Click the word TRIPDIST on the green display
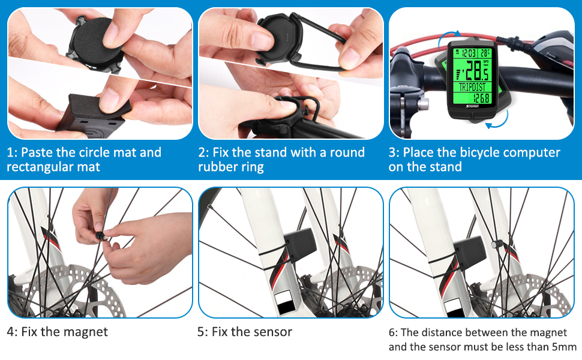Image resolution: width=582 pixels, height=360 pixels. click(472, 87)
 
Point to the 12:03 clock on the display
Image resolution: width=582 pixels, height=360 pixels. click(469, 53)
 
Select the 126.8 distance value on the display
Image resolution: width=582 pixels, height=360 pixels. click(481, 98)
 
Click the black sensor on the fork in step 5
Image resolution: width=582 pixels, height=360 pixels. click(300, 244)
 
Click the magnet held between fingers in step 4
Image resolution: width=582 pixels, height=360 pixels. click(100, 236)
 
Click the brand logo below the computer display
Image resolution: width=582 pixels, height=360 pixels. click(472, 107)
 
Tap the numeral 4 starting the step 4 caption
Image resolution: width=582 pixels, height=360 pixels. click(10, 331)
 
